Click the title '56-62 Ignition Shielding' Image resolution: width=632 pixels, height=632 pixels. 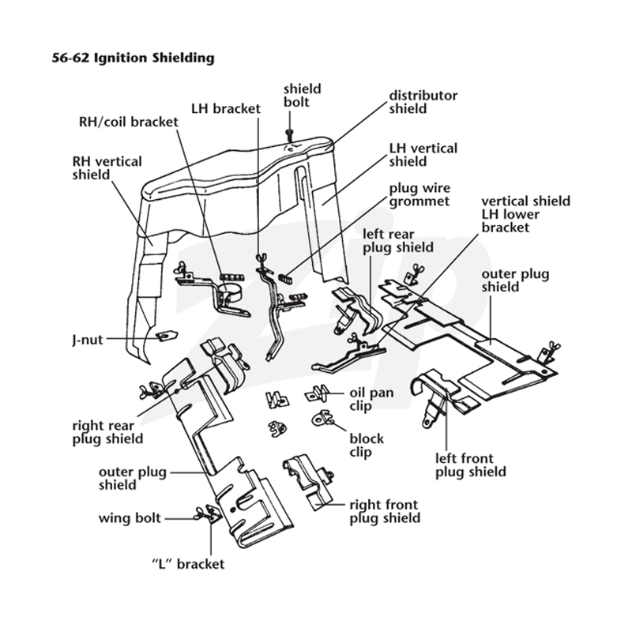(133, 58)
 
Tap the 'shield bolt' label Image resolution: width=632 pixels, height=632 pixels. (303, 95)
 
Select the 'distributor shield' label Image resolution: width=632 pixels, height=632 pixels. (423, 102)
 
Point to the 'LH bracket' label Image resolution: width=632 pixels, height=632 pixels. (226, 108)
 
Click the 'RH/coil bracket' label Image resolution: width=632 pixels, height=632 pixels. (129, 122)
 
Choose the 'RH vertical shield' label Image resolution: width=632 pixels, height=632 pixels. (107, 168)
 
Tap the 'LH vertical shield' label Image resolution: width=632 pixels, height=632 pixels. (423, 155)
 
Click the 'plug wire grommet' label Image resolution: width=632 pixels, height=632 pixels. (419, 194)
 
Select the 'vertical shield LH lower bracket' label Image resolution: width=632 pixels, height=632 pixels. (526, 214)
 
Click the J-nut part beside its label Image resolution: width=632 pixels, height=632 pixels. (167, 335)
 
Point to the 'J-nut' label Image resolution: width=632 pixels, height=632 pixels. (88, 340)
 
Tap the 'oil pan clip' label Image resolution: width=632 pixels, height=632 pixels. (371, 399)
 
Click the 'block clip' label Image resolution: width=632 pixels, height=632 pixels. (367, 445)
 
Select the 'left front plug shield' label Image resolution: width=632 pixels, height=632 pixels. (470, 465)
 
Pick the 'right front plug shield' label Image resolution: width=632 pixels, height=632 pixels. (385, 511)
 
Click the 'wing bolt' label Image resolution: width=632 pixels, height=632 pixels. (130, 518)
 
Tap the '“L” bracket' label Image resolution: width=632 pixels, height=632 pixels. (188, 564)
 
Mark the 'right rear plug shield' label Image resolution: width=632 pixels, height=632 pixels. (107, 431)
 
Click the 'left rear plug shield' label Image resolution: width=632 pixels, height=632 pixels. (398, 241)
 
